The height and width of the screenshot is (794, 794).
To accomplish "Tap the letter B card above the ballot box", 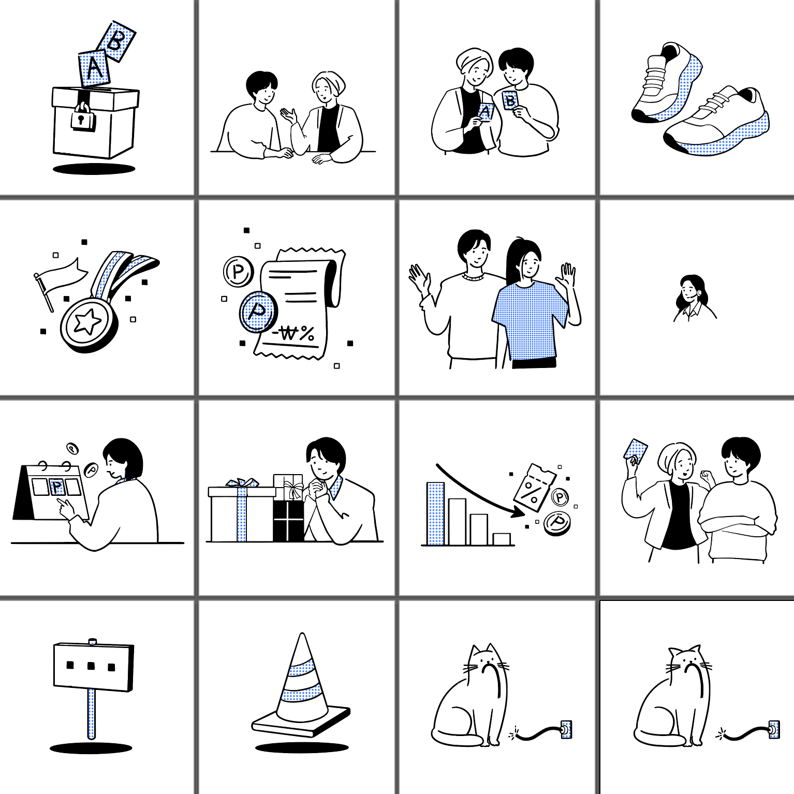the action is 116,41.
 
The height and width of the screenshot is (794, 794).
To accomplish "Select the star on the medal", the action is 87,321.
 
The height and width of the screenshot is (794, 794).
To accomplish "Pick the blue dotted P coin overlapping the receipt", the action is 258,312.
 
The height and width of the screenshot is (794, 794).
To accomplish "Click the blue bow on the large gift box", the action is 242,482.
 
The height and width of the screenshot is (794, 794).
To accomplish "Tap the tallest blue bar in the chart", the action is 435,513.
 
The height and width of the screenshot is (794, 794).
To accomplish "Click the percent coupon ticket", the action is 534,488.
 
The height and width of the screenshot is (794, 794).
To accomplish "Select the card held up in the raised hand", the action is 636,451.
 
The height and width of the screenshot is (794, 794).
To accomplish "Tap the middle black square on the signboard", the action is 91,666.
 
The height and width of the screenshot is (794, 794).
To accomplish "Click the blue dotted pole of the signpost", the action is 92,714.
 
